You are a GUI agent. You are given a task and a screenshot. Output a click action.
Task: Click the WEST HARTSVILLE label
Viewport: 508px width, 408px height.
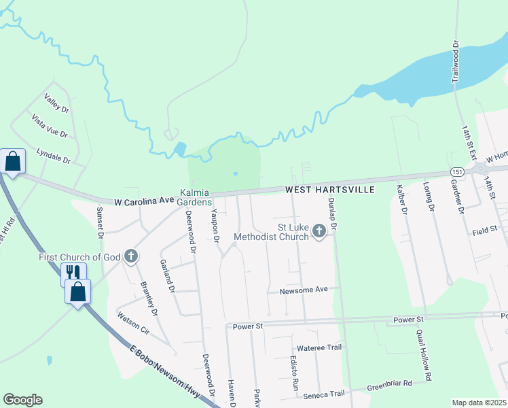[x=329, y=190]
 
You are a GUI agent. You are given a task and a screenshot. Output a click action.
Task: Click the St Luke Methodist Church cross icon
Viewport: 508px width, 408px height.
[x=319, y=233]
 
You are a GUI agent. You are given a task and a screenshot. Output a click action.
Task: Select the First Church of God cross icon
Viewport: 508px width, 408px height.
[x=131, y=256]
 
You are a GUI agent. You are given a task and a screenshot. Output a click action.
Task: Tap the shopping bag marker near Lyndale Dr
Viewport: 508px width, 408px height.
[x=13, y=162]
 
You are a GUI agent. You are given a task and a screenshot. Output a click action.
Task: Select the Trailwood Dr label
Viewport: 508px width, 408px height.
[x=456, y=61]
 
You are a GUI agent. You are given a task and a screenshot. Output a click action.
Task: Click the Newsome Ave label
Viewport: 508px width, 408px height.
[x=304, y=290]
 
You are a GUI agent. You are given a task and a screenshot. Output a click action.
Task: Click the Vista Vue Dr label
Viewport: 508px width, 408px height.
[x=50, y=125]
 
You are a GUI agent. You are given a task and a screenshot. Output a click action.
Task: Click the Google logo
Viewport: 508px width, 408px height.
[x=22, y=400]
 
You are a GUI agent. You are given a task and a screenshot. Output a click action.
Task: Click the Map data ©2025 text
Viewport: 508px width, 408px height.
[x=479, y=403]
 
